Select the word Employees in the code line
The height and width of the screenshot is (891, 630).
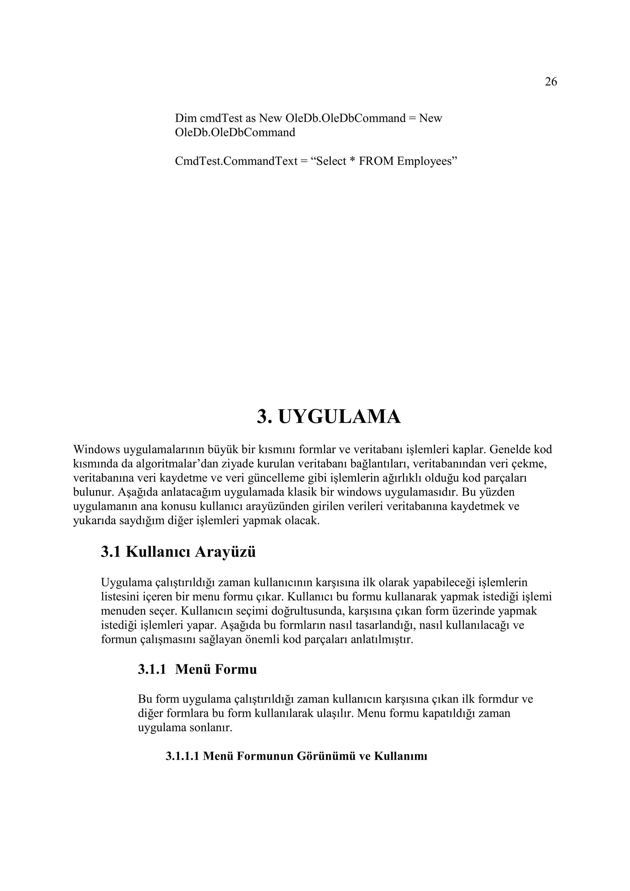[x=427, y=161]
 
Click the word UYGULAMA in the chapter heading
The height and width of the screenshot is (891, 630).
[x=339, y=417]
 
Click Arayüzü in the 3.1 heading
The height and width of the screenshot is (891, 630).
[x=225, y=552]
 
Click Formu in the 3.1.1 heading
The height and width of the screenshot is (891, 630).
[x=236, y=669]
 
